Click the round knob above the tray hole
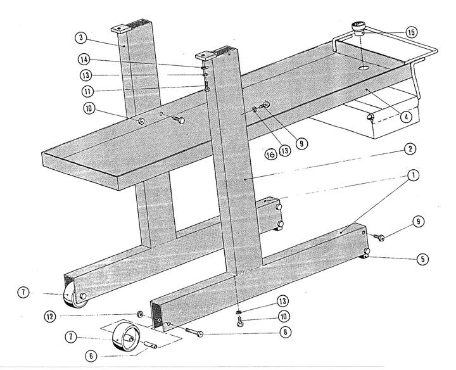(x=360, y=28)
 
